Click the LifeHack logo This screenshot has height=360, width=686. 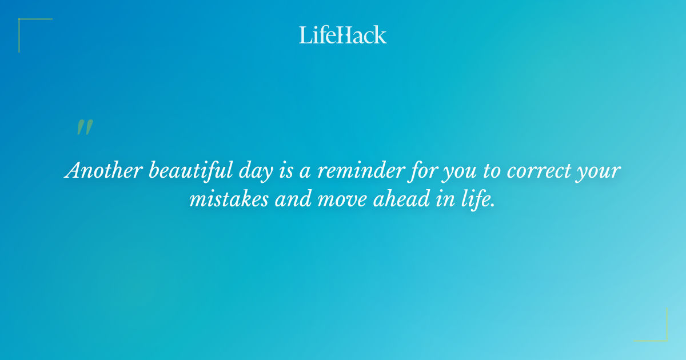point(343,35)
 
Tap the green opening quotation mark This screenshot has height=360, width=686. point(84,128)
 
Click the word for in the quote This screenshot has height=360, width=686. point(410,171)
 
